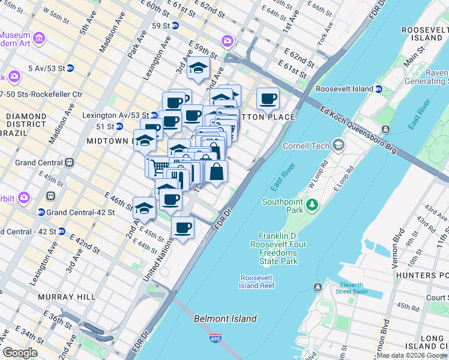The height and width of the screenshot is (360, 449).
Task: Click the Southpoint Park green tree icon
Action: tap(312, 206)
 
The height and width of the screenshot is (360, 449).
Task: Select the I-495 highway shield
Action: tap(215, 339)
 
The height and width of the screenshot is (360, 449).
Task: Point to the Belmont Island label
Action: tap(225, 319)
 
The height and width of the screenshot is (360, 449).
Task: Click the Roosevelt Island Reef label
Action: tap(258, 281)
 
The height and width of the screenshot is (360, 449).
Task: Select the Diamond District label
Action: tap(25, 119)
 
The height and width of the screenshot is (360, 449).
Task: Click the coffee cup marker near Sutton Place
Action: tap(268, 98)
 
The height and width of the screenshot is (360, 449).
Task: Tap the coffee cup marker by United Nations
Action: tap(183, 227)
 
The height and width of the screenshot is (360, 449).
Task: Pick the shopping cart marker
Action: tap(158, 166)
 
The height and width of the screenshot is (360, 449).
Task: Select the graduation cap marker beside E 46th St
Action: tap(144, 208)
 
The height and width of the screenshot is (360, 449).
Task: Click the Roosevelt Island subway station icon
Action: tap(379, 89)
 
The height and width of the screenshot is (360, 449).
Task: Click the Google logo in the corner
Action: tap(20, 353)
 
